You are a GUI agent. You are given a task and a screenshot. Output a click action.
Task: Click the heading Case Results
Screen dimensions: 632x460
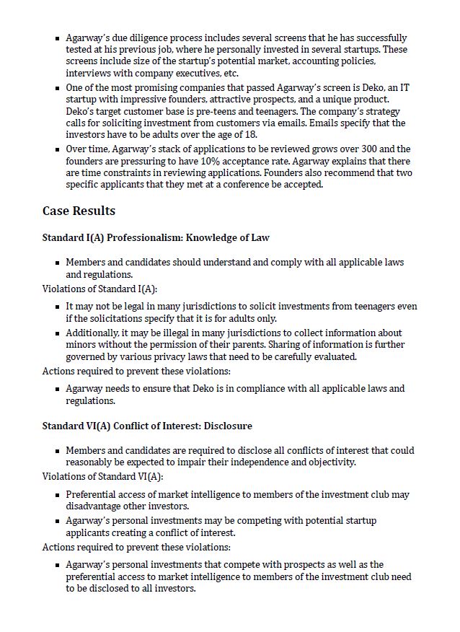tap(79, 211)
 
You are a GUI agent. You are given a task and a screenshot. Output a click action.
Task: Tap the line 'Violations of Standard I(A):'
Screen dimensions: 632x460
tap(99, 289)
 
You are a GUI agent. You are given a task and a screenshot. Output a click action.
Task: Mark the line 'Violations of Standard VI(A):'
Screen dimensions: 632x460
tap(102, 476)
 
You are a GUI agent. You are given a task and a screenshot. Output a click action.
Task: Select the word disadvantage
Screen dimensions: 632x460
tap(95, 506)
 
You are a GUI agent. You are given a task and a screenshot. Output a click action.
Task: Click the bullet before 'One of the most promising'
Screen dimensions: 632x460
tap(58, 88)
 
